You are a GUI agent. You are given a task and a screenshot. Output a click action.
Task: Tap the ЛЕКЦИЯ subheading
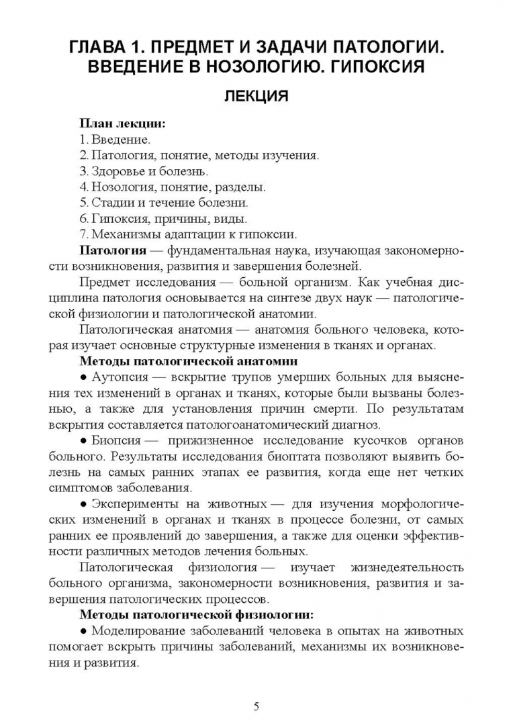(256, 97)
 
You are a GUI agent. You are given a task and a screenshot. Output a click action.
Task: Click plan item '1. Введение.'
(115, 140)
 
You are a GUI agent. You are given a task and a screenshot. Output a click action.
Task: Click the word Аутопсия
(120, 377)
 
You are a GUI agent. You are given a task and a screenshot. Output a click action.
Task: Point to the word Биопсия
(115, 440)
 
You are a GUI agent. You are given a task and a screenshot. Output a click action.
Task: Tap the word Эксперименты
(134, 504)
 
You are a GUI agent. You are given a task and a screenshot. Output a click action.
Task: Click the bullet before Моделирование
(84, 631)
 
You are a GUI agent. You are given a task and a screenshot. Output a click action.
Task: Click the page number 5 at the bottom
(256, 706)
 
